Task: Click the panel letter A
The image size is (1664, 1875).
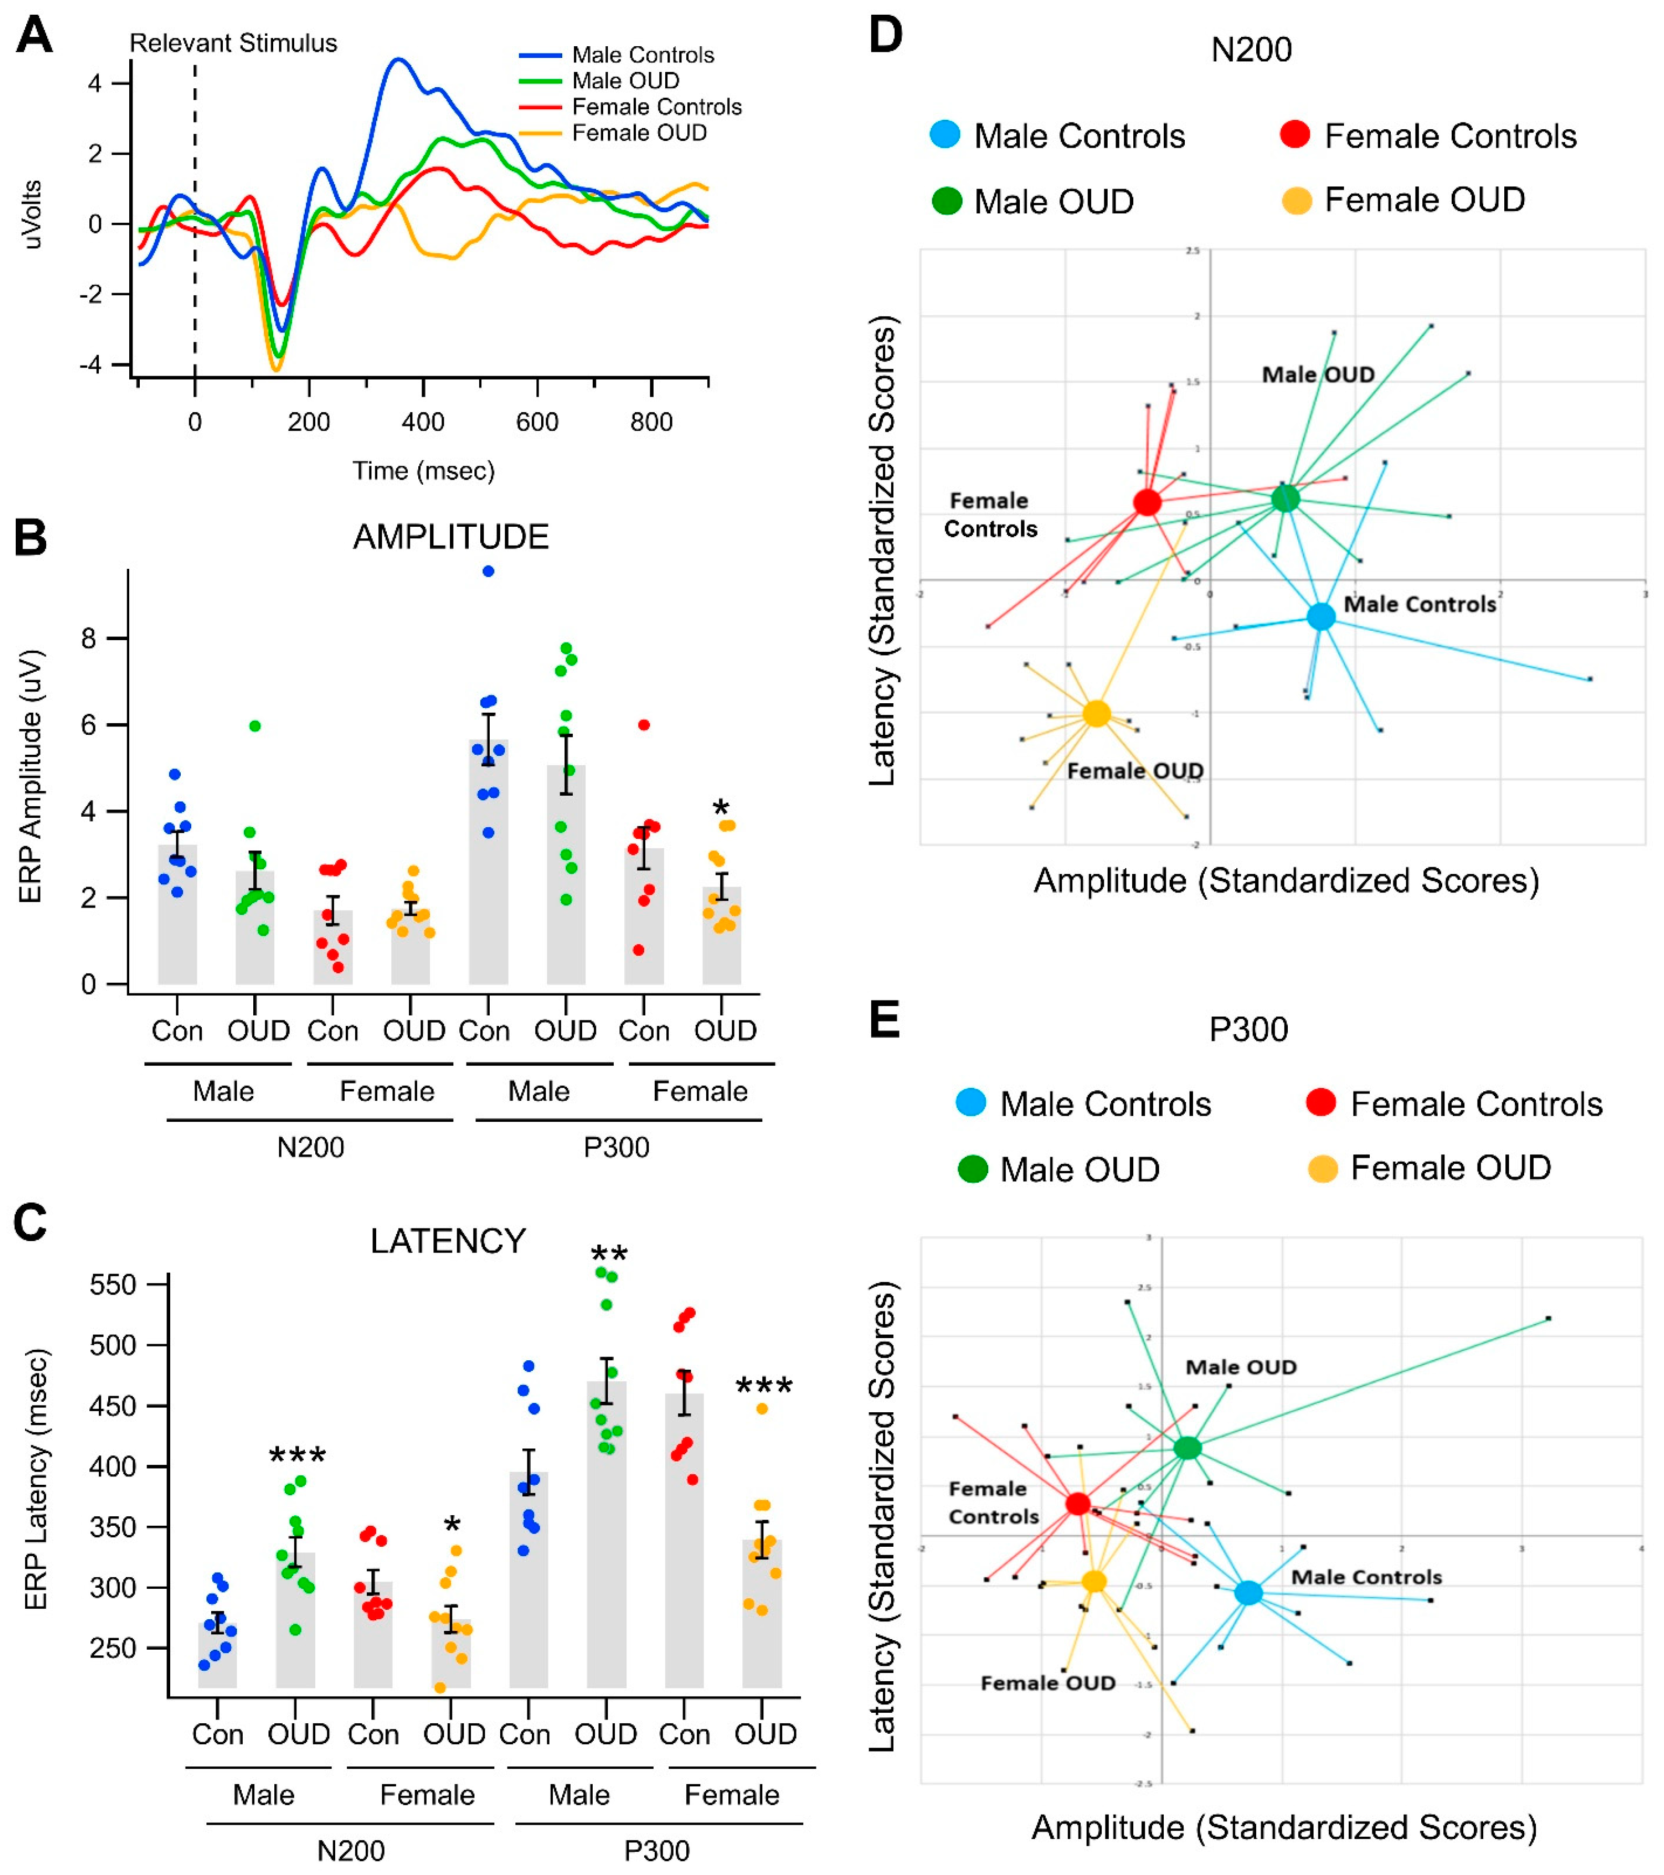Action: tap(34, 37)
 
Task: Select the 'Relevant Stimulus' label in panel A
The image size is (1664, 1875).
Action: tap(233, 43)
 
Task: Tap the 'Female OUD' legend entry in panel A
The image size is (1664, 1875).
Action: tap(639, 133)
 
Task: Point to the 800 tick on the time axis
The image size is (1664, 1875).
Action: tap(651, 422)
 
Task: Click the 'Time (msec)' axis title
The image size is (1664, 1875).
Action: tap(423, 471)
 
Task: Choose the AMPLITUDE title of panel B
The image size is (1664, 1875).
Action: tap(451, 537)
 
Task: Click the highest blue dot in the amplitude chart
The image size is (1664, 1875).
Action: tap(488, 571)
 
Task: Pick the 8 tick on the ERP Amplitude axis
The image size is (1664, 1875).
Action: tap(88, 639)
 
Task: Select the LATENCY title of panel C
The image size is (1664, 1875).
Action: tap(448, 1241)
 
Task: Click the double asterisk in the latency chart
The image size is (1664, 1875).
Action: tap(608, 1255)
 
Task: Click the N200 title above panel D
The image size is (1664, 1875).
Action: tap(1251, 49)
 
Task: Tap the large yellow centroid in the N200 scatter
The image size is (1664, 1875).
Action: tap(1097, 714)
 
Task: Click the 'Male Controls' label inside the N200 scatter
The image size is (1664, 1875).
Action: tap(1419, 605)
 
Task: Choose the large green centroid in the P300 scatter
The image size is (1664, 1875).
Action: tap(1187, 1447)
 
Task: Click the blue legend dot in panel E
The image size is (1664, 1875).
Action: tap(971, 1102)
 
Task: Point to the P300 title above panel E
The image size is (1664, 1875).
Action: tap(1248, 1029)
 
